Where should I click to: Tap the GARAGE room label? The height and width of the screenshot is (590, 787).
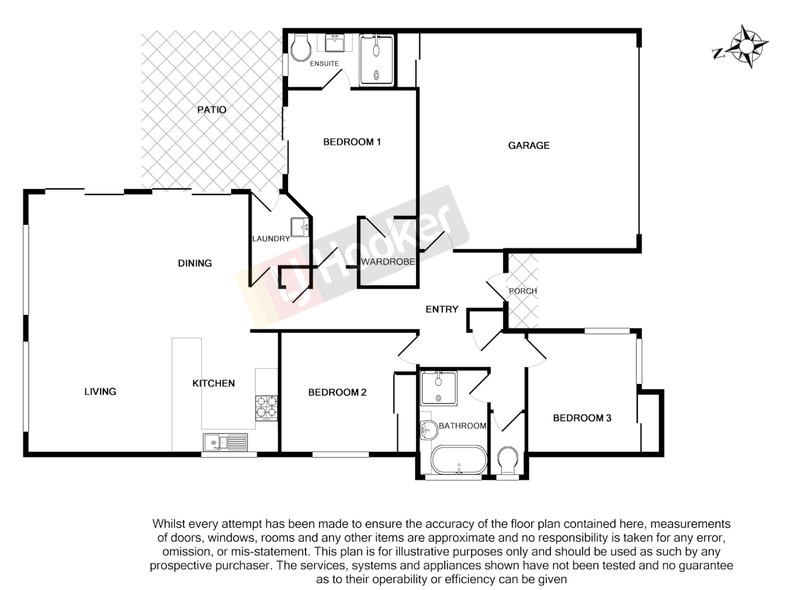(528, 145)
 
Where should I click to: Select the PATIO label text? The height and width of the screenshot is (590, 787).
(212, 110)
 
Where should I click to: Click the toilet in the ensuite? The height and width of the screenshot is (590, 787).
(300, 49)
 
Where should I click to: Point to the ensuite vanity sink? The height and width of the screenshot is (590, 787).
(334, 42)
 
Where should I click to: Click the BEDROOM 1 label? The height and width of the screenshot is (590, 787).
(351, 142)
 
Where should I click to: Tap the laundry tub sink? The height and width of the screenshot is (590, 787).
(299, 227)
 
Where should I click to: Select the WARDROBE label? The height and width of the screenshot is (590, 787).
(388, 262)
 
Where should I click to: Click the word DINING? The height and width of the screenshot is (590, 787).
(195, 263)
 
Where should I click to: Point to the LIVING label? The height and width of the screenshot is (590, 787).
(100, 392)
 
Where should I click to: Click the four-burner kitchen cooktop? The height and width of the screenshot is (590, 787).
(266, 408)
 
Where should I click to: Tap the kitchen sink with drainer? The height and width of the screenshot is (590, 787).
(225, 441)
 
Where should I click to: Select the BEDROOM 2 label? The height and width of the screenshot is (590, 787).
(337, 392)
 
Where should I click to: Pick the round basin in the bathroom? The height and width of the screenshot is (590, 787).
(429, 429)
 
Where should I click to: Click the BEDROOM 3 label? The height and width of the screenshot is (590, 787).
(582, 418)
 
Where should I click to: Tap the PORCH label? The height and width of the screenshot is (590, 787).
(522, 291)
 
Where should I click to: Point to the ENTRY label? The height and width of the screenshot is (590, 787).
(442, 310)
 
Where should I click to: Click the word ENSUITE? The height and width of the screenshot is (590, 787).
(324, 64)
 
